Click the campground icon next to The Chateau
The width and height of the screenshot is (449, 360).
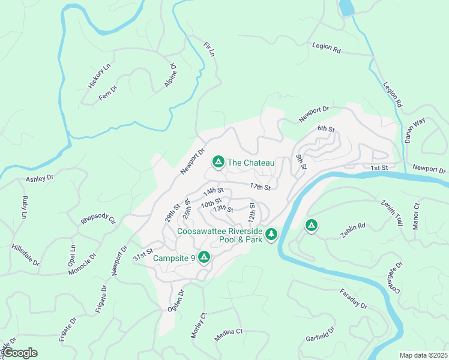pyautogui.click(x=218, y=162)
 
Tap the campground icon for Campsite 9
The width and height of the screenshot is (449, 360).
pyautogui.click(x=204, y=257)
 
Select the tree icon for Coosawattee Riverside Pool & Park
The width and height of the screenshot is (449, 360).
pyautogui.click(x=271, y=233)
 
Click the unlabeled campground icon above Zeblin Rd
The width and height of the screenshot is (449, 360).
pyautogui.click(x=311, y=226)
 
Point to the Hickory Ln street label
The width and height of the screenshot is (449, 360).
pyautogui.click(x=100, y=77)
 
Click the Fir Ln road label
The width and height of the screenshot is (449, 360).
pyautogui.click(x=209, y=49)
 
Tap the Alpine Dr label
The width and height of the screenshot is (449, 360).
pyautogui.click(x=170, y=76)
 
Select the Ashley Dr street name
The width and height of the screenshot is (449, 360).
pyautogui.click(x=40, y=178)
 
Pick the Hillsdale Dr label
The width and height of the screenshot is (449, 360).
pyautogui.click(x=25, y=255)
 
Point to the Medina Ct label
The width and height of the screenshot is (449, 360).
pyautogui.click(x=228, y=335)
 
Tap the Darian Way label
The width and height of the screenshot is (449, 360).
pyautogui.click(x=415, y=130)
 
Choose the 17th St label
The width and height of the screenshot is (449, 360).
pyautogui.click(x=261, y=188)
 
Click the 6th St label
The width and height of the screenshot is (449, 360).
pyautogui.click(x=326, y=129)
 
